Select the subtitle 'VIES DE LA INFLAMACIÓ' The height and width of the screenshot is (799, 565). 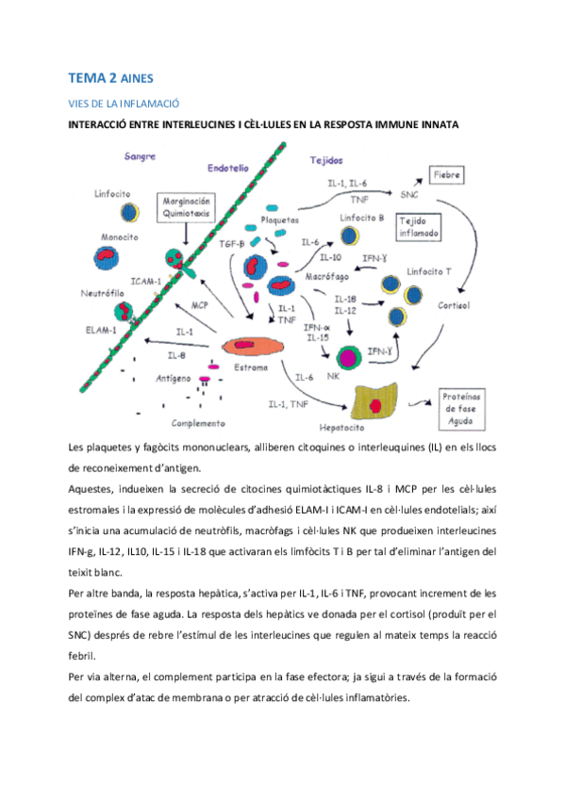[125, 103]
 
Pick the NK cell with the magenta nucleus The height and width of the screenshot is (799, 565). [334, 357]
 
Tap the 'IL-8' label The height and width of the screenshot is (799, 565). [176, 355]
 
